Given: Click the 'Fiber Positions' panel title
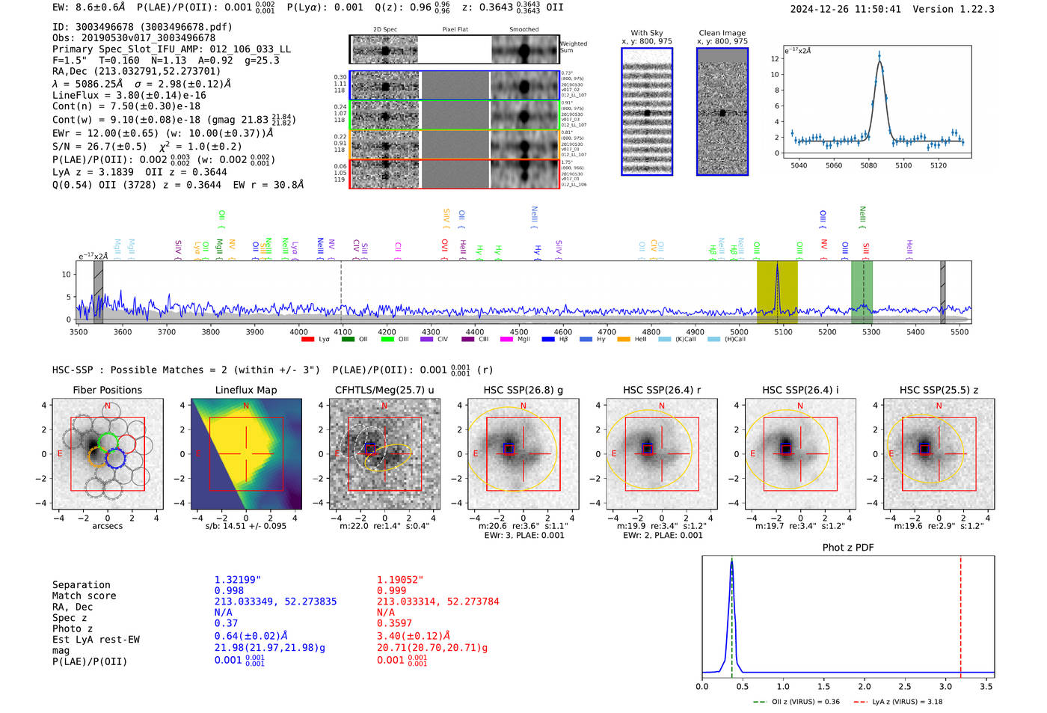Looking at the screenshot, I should point(107,390).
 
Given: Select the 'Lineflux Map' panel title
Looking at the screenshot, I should point(245,390).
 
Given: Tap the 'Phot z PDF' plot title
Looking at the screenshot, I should point(848,548).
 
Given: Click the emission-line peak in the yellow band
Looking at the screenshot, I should point(777,266).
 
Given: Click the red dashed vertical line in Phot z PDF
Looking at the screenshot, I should point(960,613).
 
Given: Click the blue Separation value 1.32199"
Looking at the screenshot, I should point(238,580).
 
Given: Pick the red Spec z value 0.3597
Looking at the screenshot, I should point(394,623).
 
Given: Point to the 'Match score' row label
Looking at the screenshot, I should point(84,596).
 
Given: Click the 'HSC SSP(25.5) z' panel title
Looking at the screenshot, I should point(939,390).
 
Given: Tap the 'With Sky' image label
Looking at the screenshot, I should point(646,33).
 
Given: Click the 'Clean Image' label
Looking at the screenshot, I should point(722,33).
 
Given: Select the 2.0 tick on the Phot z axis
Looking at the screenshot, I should point(865,686).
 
